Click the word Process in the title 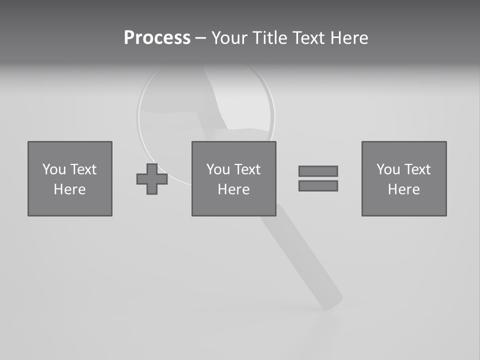[x=157, y=38]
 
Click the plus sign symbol [x=152, y=179]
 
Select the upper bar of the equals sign [x=318, y=171]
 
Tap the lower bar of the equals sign [x=318, y=185]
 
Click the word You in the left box [x=54, y=169]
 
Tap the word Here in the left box [x=70, y=189]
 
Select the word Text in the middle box [x=247, y=169]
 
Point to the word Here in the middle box [x=234, y=189]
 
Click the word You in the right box [x=388, y=169]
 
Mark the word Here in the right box [x=404, y=189]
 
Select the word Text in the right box [x=417, y=169]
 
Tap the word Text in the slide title [x=308, y=38]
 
